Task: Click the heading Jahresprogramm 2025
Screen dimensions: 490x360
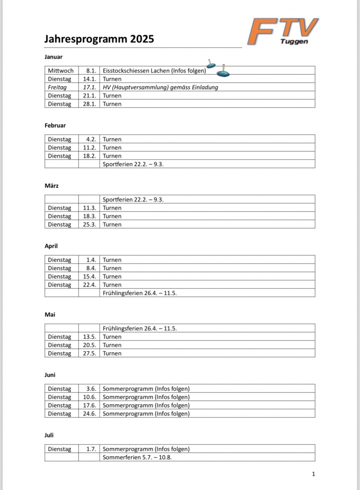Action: tap(99, 39)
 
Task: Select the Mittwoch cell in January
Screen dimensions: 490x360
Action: tap(61, 71)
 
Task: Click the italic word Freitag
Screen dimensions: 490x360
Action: tap(57, 87)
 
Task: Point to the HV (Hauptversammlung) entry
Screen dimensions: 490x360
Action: tap(160, 87)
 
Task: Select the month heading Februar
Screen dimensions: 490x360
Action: tap(55, 126)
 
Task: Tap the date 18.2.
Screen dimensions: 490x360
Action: tap(90, 156)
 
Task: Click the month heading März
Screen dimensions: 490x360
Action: tap(52, 186)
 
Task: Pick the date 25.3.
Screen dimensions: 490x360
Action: tap(90, 225)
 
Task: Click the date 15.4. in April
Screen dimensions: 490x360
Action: tap(90, 276)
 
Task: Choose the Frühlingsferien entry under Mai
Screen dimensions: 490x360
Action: tap(139, 328)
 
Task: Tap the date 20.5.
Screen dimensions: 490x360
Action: tap(90, 345)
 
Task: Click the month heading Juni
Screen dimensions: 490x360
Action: tap(50, 375)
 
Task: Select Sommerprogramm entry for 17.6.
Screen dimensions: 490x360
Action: tap(146, 405)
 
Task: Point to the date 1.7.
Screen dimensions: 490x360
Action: tap(91, 449)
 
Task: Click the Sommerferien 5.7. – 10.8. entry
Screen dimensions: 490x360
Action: tap(137, 457)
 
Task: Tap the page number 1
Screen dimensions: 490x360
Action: tap(313, 474)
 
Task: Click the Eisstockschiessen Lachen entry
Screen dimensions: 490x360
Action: tap(154, 71)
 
